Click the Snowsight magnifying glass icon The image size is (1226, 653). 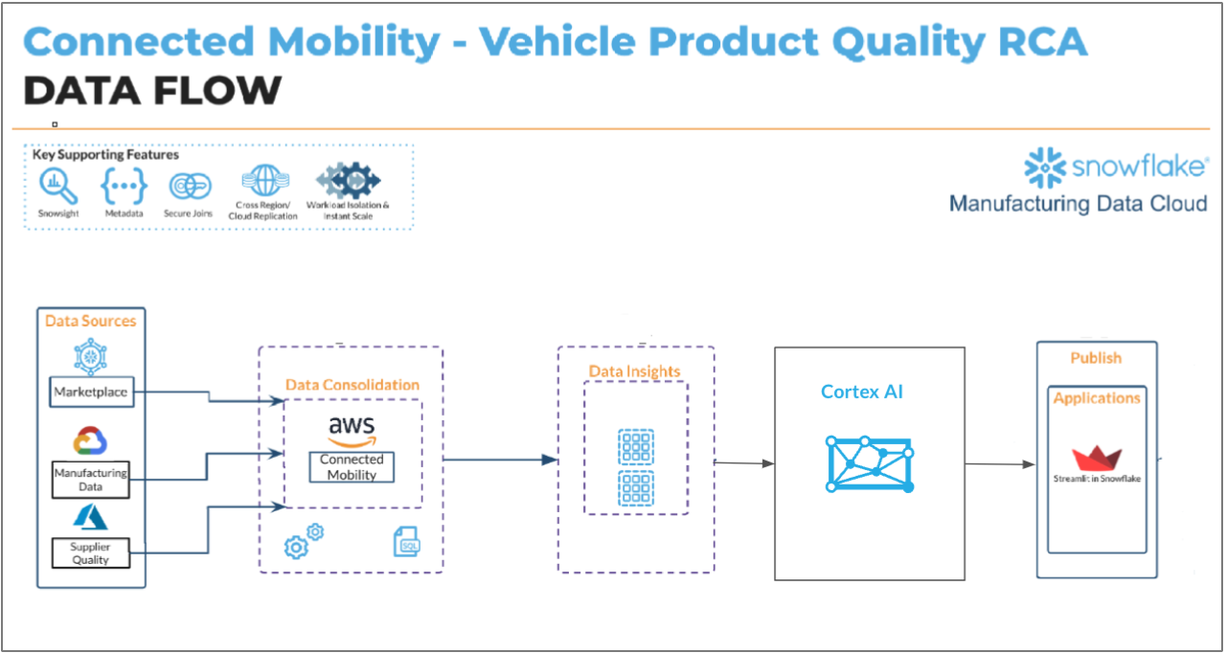[57, 185]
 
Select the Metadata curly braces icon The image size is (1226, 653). [124, 184]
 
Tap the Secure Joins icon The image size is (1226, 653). [190, 186]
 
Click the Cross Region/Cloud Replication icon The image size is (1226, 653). [262, 181]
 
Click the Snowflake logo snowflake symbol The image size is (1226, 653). [1045, 169]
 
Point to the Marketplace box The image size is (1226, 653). [91, 392]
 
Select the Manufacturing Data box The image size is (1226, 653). [91, 479]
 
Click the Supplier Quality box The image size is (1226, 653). [91, 552]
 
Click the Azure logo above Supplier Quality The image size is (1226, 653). [91, 517]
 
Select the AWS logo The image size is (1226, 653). [352, 429]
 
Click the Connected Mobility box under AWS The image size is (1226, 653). [352, 466]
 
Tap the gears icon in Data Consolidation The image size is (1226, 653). [304, 542]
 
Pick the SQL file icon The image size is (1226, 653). [406, 543]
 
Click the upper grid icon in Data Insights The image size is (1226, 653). [636, 447]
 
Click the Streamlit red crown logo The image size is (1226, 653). [1097, 458]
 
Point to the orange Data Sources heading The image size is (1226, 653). [91, 321]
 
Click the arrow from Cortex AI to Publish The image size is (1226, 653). [1000, 464]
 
